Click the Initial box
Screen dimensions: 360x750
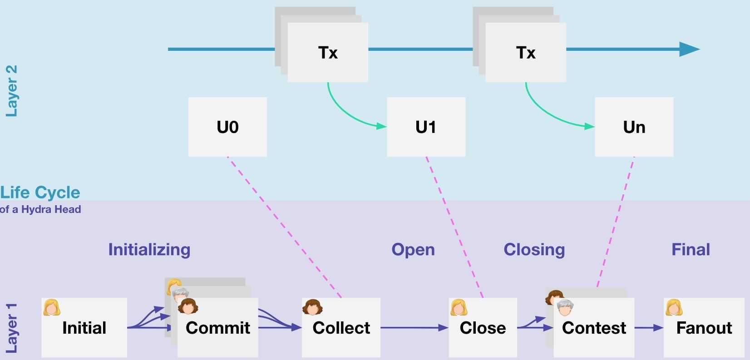(84, 328)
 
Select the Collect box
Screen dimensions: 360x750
(341, 328)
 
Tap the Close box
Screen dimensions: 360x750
(483, 328)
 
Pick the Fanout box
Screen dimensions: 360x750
(704, 328)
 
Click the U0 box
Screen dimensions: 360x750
(227, 127)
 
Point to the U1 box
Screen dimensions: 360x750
(426, 127)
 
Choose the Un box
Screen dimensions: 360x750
(634, 127)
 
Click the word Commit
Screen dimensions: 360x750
(218, 328)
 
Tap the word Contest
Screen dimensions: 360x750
(594, 328)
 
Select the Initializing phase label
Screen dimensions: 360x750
(149, 250)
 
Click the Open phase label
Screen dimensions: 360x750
(413, 250)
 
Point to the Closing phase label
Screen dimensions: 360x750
(534, 250)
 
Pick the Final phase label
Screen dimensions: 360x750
(691, 250)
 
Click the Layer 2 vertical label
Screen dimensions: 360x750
(11, 91)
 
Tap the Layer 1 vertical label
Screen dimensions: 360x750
(11, 328)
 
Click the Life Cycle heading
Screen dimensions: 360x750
(40, 192)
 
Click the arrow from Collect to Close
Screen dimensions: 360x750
(414, 327)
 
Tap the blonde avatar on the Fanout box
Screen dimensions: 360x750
(674, 307)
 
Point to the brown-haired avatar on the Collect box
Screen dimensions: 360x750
(312, 307)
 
